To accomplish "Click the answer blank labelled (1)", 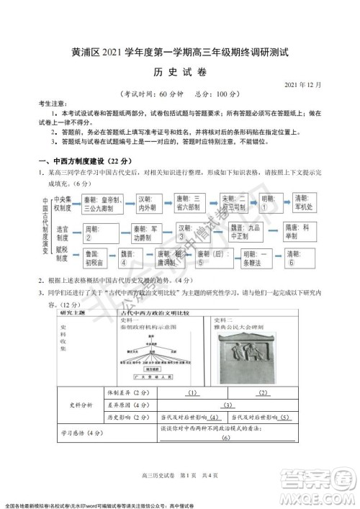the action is click(192, 393).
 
